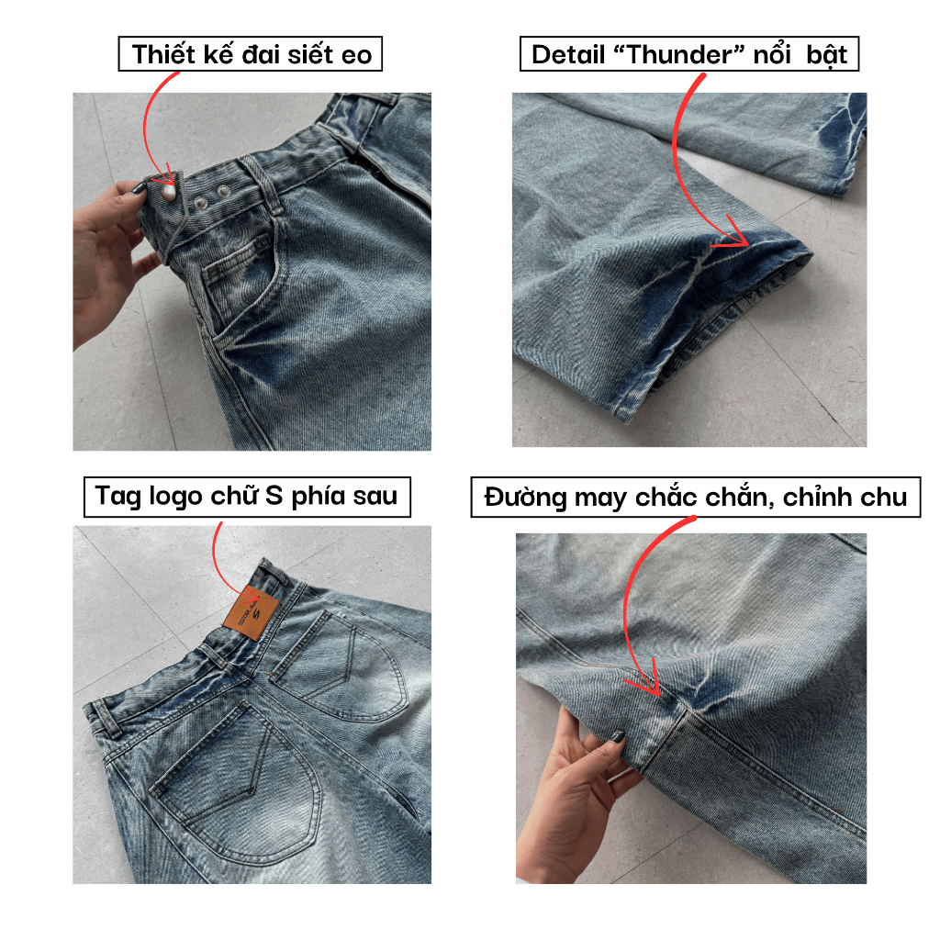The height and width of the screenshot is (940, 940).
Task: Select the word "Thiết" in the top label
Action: click(x=163, y=54)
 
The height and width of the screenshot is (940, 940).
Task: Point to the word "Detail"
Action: click(x=566, y=54)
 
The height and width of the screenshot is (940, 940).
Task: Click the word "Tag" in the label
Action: click(x=117, y=496)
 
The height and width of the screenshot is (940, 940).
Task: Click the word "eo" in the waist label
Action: click(x=354, y=54)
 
